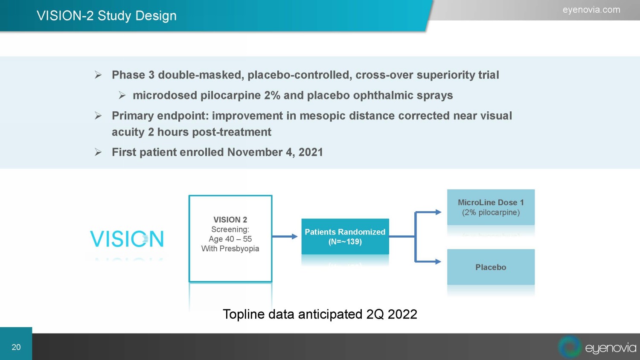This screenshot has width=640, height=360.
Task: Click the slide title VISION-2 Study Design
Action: point(107,16)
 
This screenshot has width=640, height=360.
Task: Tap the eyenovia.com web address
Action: point(591,10)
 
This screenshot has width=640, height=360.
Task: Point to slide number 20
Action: point(16,347)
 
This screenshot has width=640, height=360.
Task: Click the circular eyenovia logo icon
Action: point(570,347)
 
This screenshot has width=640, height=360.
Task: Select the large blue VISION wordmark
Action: point(127,239)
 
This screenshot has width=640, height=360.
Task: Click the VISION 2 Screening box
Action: point(230,239)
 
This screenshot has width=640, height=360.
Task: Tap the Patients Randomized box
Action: point(345,237)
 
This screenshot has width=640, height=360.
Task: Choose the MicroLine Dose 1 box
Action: point(491,207)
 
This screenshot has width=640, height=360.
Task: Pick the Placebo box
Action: point(491,267)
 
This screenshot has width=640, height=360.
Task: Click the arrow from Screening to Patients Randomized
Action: point(285,236)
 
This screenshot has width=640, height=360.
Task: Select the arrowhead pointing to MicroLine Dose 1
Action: point(438,212)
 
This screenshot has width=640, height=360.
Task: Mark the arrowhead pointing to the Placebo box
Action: point(438,261)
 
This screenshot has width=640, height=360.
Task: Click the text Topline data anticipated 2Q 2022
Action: point(320,314)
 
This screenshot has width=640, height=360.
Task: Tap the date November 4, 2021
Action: point(275,152)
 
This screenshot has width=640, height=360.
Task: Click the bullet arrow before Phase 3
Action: point(98,75)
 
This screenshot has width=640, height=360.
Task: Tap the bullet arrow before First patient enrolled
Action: point(98,152)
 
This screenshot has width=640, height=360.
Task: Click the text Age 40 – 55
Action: point(230,239)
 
